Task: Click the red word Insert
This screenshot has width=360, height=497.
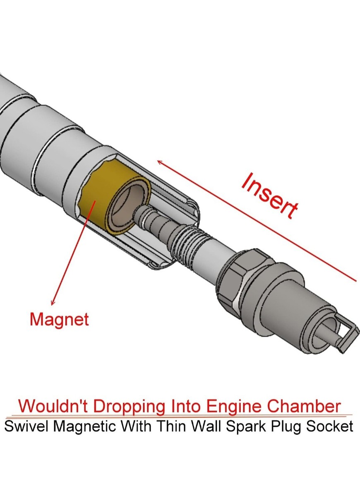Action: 269,195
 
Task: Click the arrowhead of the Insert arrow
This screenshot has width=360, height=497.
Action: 160,162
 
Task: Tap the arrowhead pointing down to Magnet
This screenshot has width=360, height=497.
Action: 53,302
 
